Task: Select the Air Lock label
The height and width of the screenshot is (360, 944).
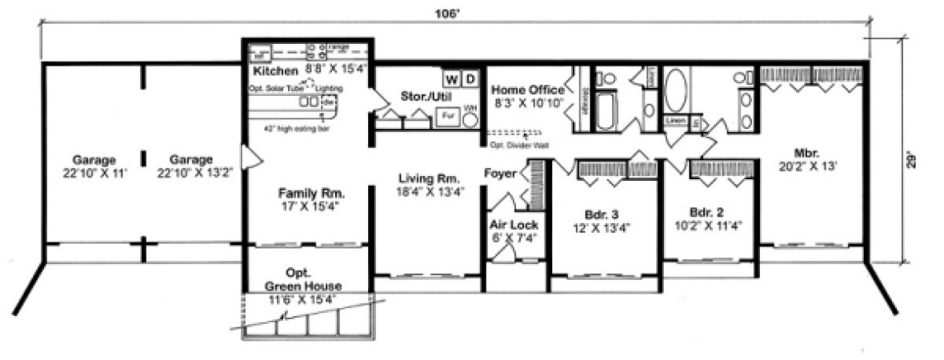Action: [514, 225]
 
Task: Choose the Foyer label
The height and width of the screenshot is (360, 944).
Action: [501, 174]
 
